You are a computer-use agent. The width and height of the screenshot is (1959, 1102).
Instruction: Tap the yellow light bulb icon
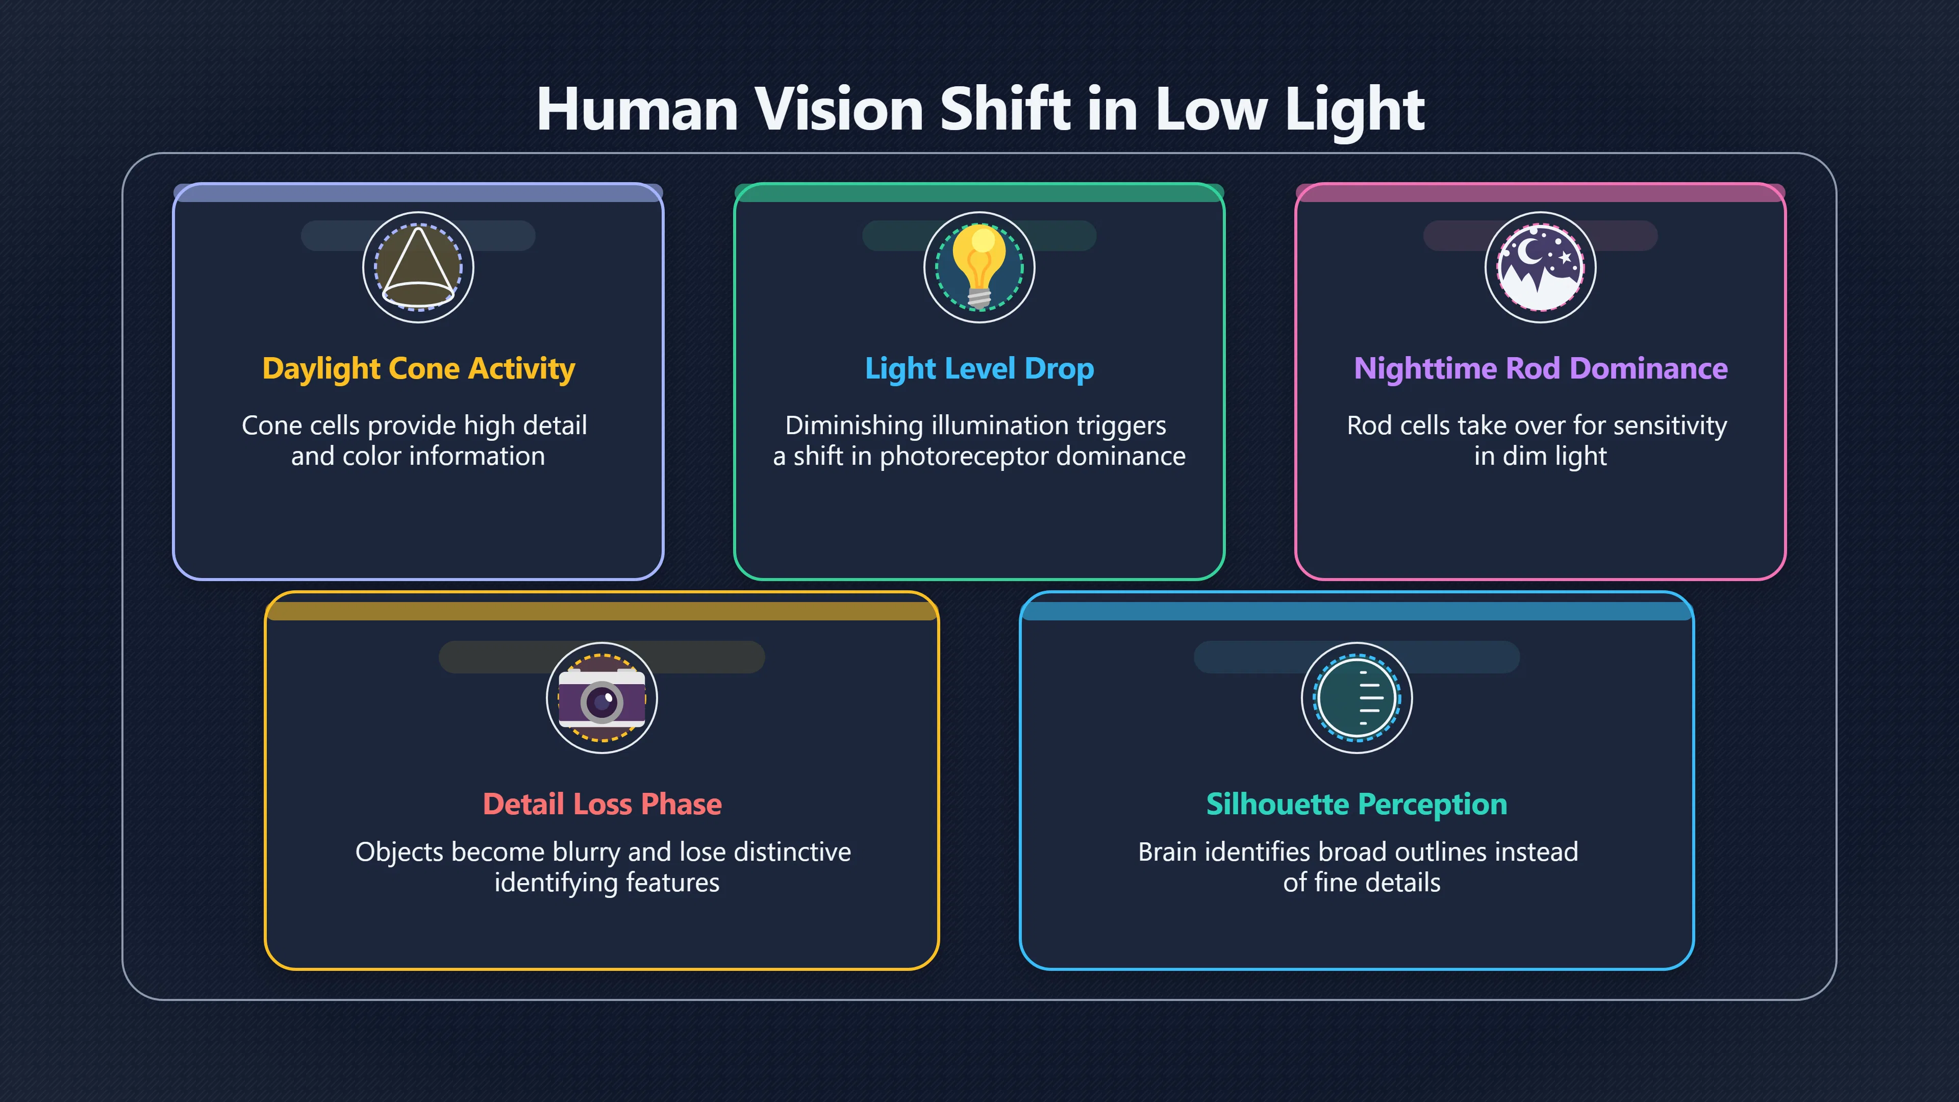click(979, 266)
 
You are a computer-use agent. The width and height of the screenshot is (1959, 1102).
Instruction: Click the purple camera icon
click(601, 698)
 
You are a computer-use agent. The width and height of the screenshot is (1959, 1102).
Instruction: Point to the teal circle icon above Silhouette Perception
click(1357, 698)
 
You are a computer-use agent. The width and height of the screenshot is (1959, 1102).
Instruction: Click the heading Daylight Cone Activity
click(418, 369)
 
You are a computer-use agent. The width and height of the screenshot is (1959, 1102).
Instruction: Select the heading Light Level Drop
click(979, 369)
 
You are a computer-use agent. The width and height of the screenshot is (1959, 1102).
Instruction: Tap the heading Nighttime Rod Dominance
click(1541, 369)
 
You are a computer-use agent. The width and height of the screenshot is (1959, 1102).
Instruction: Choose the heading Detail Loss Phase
click(602, 804)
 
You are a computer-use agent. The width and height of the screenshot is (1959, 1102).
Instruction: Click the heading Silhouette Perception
click(1357, 805)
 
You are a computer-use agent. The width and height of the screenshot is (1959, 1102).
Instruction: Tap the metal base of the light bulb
click(979, 297)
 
